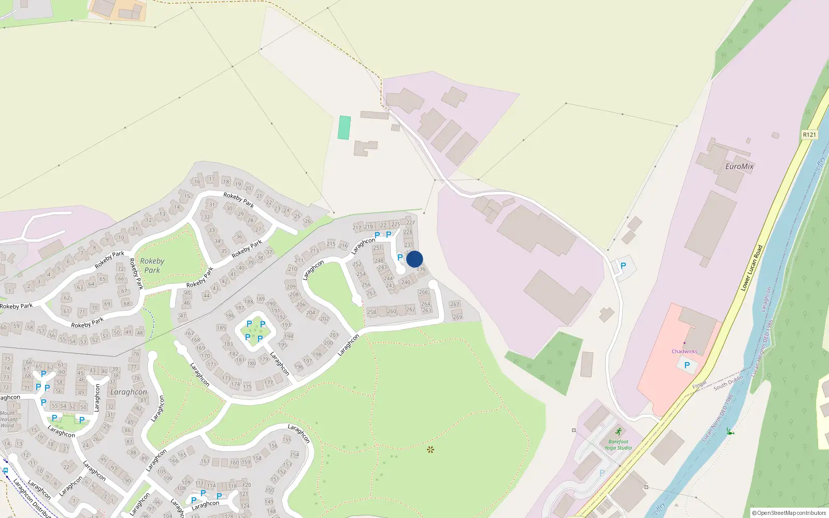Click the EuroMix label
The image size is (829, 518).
tap(739, 166)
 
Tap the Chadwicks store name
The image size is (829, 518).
tap(684, 351)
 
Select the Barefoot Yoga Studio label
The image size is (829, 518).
tap(618, 444)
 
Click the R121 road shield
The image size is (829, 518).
tap(809, 135)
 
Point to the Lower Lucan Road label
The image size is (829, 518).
tap(752, 267)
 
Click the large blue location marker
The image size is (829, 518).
tap(414, 259)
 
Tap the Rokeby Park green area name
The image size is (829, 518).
tap(152, 265)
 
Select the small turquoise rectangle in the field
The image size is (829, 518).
tap(344, 127)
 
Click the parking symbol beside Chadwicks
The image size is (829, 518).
tap(687, 365)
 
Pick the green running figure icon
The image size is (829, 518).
tap(618, 431)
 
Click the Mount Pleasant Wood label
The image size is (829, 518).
tap(8, 420)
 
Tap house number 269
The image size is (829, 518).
tap(457, 317)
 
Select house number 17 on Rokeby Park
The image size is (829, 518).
tap(212, 179)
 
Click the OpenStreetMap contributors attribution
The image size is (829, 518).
tap(789, 513)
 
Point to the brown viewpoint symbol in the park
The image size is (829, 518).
tap(430, 449)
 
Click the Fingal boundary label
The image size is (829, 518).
tap(699, 385)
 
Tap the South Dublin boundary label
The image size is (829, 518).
tap(728, 383)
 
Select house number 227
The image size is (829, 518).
tap(410, 223)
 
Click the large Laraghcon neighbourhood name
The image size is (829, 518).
tap(128, 392)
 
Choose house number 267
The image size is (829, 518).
tap(454, 305)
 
